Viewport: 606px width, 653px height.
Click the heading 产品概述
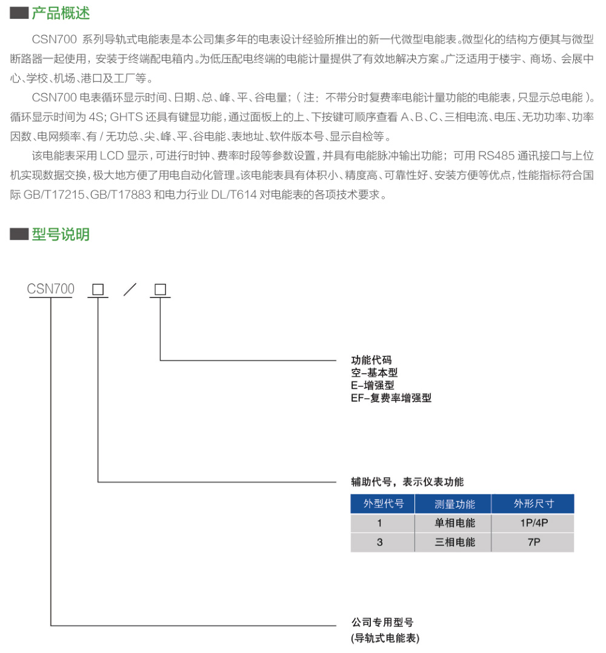point(61,13)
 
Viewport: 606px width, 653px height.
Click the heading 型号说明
point(61,234)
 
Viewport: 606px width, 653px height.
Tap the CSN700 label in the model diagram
point(51,290)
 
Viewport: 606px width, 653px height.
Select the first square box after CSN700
point(98,290)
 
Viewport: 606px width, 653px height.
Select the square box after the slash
point(160,290)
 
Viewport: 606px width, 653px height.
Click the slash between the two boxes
point(129,290)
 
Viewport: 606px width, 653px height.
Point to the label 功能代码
point(371,360)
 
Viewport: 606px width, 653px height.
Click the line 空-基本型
point(375,373)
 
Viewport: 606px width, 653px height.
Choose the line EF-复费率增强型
point(391,398)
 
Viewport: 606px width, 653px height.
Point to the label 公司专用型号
point(382,622)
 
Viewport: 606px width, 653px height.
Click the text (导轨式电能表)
point(385,638)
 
